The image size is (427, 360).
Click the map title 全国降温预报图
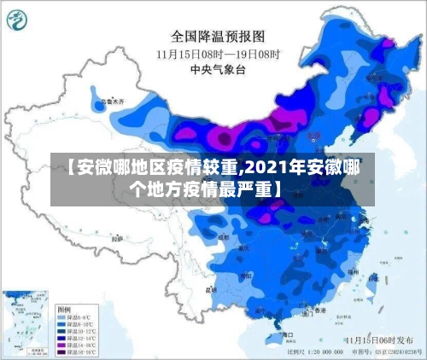click(x=219, y=37)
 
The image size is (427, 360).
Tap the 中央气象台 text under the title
click(x=219, y=68)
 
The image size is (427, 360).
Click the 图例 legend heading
click(x=64, y=307)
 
